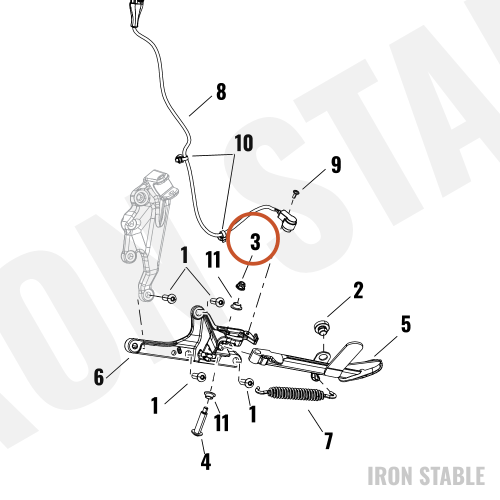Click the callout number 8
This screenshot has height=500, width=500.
coord(221,92)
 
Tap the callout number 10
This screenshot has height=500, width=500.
coord(243,142)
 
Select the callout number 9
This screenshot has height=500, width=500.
coord(336,164)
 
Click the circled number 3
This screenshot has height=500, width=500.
coord(255,241)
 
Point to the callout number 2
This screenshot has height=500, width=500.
coord(358,290)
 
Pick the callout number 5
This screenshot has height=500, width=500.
coord(405,324)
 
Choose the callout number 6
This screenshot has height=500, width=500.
coord(99,376)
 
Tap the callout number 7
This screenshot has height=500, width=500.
coord(328,440)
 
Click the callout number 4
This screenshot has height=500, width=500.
coord(205,461)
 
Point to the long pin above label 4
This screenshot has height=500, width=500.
coord(200,421)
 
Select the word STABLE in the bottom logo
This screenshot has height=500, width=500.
coord(451,476)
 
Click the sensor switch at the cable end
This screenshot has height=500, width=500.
coord(288,220)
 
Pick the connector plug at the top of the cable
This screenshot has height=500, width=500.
coord(135,13)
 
